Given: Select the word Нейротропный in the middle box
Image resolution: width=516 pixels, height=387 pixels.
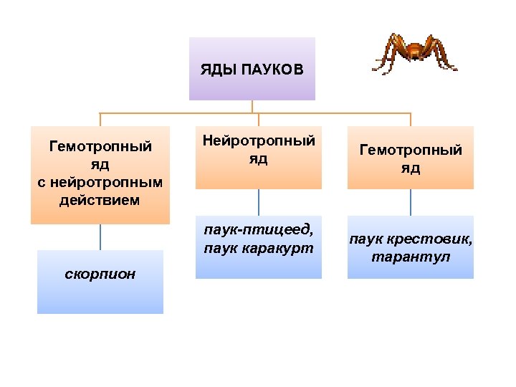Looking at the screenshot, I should pos(259,141).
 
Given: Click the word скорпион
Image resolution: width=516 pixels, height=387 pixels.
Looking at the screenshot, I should pos(100,274).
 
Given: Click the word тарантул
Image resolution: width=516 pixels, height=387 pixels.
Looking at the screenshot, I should pos(411,256).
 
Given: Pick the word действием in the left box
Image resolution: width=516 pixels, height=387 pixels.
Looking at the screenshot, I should pos(100,199).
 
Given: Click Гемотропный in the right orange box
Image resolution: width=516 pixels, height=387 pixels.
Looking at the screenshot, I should pos(411,150).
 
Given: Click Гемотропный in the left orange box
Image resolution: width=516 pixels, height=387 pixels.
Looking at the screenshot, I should pos(100,147).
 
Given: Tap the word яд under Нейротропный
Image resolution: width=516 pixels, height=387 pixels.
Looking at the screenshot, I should pos(259,159).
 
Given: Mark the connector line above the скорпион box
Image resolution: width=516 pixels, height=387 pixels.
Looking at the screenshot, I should pos(100,237).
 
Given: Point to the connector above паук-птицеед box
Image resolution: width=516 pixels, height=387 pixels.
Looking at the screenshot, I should pos(259,202).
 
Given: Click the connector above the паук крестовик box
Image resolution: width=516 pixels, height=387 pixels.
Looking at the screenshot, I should pos(411,202).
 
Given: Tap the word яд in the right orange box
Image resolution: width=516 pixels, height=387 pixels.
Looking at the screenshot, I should pos(411,168).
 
